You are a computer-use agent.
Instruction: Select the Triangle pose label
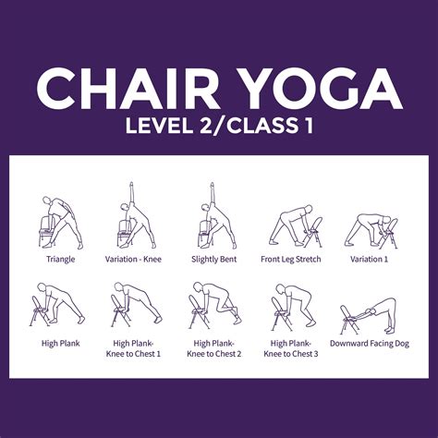60,260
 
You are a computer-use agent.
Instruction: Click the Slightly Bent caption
214,260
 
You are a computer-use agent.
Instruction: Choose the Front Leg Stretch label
293,260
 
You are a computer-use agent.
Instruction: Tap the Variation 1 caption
370,260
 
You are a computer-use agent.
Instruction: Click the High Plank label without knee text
60,343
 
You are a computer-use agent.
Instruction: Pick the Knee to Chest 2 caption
214,353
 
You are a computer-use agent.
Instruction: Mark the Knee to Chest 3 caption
293,353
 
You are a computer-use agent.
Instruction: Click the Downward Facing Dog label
370,343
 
